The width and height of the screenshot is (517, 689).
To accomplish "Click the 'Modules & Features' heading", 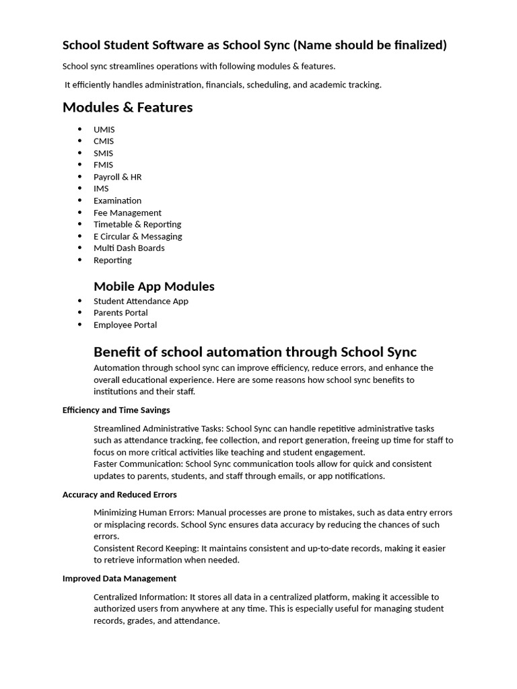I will point(127,108).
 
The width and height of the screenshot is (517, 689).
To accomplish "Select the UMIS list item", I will point(104,129).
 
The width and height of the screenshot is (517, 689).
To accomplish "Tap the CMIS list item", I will point(104,141).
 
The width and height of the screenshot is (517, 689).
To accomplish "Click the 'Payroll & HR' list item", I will point(117,177).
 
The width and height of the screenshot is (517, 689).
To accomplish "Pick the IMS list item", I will point(101,188).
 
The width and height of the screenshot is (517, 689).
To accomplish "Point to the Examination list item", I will point(117,201).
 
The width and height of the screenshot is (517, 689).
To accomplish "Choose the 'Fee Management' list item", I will point(127,213).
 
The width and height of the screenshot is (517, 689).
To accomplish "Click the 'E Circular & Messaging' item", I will point(137,236).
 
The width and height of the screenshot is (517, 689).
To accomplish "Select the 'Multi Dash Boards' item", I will point(129,248).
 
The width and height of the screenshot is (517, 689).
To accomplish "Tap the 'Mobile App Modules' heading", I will point(153,287).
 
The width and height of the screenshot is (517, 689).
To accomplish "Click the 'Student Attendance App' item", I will point(141,301).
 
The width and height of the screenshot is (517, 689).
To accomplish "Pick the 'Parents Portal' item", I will point(120,313).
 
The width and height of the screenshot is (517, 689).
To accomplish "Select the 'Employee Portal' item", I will point(125,325).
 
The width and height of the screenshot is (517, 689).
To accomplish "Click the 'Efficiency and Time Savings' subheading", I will point(116,410).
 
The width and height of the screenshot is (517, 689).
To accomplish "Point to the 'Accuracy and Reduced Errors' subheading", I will point(119,495).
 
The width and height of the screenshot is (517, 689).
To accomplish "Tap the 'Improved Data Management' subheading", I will point(119,579).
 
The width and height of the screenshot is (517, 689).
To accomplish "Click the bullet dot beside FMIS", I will point(80,165).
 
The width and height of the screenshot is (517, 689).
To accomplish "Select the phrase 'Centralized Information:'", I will point(140,597).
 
